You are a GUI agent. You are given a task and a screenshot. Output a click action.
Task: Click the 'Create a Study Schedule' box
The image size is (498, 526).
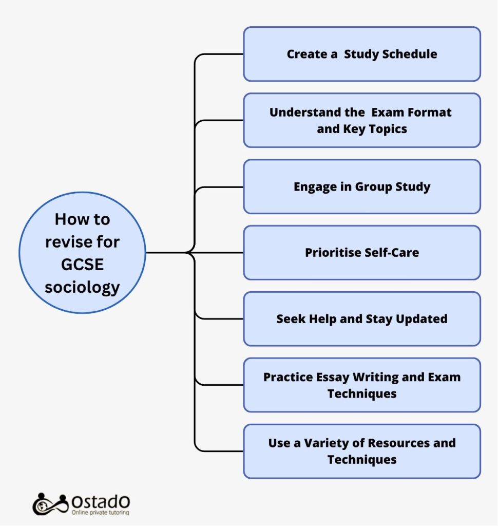(362, 54)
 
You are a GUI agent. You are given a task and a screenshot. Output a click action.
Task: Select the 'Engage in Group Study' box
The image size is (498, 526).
(362, 186)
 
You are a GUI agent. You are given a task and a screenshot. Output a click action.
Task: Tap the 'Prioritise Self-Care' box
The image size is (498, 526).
(362, 253)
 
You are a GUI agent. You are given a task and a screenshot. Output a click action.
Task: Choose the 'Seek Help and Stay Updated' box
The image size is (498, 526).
(362, 318)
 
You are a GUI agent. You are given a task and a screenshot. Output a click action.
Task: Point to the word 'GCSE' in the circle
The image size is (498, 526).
(83, 264)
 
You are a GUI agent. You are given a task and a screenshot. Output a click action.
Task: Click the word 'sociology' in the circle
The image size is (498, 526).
(83, 287)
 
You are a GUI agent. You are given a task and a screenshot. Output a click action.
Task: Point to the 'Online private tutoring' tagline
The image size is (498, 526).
(101, 512)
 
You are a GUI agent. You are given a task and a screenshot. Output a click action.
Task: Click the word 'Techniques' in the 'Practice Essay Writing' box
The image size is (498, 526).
(362, 393)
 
